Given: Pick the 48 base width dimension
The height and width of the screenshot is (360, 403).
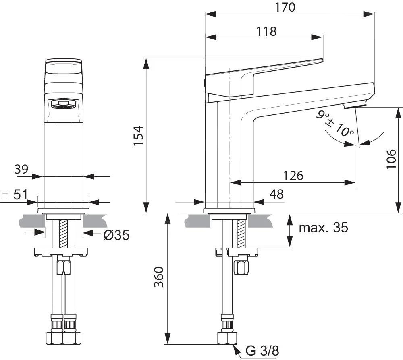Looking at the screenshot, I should click(x=276, y=194).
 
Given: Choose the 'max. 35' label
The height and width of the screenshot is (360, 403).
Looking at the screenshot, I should click(x=323, y=228).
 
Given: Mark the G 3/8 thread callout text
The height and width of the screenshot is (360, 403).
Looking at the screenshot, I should click(x=262, y=351).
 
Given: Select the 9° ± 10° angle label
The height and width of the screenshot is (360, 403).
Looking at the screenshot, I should click(x=335, y=124).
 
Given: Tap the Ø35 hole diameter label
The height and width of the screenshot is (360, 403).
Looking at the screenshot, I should click(x=116, y=235).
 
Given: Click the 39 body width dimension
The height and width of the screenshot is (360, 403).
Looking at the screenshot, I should click(x=22, y=170).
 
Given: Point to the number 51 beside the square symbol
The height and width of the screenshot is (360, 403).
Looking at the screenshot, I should click(x=20, y=195).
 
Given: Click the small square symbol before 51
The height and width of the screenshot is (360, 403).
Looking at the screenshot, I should click(x=5, y=196).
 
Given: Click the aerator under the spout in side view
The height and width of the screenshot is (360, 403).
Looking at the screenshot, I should click(x=355, y=106).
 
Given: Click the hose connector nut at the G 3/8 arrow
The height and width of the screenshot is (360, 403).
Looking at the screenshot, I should click(x=227, y=337).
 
